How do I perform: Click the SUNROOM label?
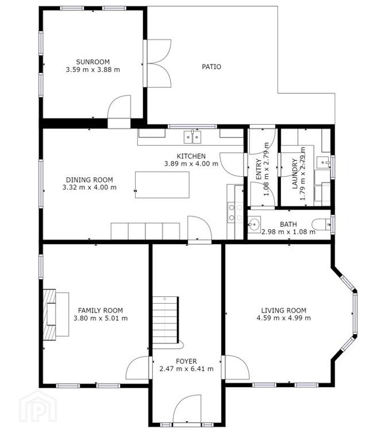93,62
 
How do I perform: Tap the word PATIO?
211,67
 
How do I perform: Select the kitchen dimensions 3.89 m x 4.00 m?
191,164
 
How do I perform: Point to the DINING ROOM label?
90,180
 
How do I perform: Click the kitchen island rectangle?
162,185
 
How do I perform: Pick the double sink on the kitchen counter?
193,137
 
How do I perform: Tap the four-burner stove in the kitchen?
235,212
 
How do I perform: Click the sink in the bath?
254,225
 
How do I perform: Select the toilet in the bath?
321,224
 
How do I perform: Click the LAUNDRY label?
295,173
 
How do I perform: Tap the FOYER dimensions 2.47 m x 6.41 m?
186,369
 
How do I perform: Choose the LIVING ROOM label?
284,311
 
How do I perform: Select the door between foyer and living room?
235,367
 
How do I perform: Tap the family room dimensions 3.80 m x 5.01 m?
101,318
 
